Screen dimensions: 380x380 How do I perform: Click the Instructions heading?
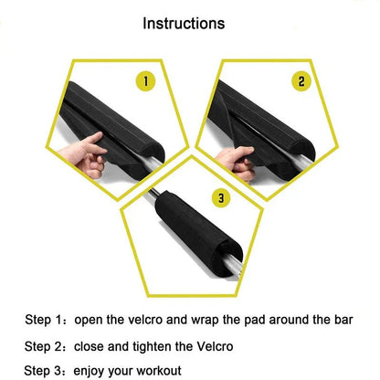coord(189,22)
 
